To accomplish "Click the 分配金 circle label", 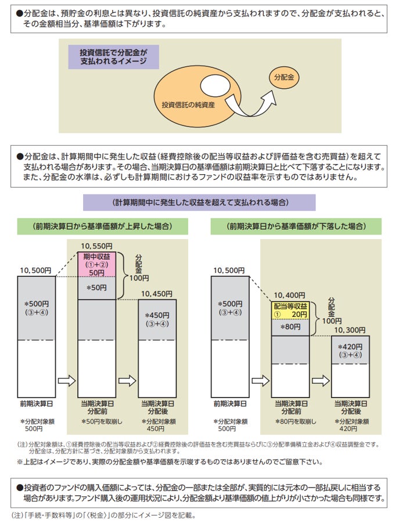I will [284, 77].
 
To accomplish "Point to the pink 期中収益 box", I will [98, 264].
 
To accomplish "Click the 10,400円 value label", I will [289, 295].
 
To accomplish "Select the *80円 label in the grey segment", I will [290, 327].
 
